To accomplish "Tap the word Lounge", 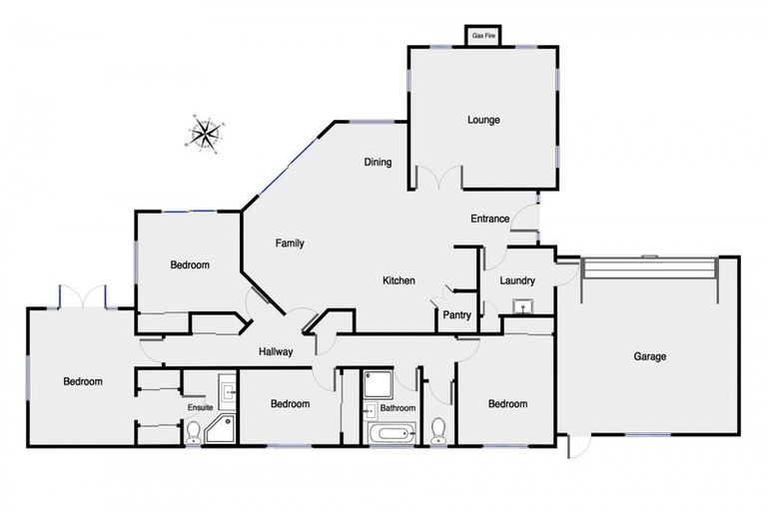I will pos(483,120).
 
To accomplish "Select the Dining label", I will pos(377,163).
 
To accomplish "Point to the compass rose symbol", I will pos(205,133).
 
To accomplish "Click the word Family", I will pos(290,243).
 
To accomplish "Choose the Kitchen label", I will pos(398,280).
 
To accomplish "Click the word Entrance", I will pos(490,219).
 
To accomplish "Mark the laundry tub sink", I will pos(520,306).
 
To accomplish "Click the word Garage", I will pos(649,356).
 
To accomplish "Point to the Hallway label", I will pos(276,351).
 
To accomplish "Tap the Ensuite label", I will pos(200,407).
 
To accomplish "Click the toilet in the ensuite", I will pos(193,431).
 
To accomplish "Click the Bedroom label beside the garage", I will pos(507,403).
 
